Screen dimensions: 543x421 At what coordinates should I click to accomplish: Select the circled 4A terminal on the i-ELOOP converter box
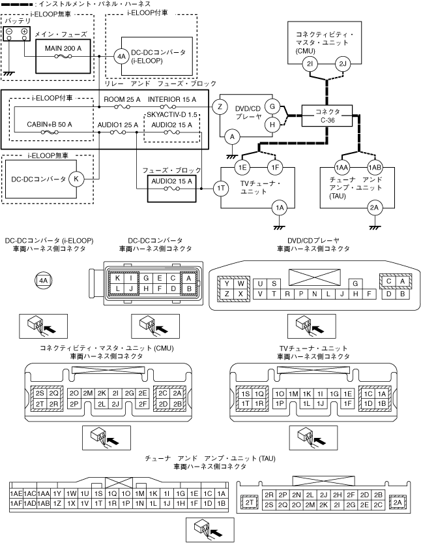122,56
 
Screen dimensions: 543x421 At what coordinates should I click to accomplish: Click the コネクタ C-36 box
327,116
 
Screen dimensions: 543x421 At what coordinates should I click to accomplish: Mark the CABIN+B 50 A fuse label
50,123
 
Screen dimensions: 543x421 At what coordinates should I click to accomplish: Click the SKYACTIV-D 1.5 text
172,114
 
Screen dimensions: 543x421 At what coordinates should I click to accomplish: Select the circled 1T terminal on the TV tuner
220,188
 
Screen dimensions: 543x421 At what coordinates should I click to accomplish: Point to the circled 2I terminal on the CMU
310,64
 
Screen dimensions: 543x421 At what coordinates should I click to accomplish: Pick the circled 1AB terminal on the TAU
374,166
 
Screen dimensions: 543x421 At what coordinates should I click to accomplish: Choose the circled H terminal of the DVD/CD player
273,123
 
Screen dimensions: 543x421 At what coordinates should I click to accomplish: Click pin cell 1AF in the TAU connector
16,504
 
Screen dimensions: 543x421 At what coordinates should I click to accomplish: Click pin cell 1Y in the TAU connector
58,493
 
